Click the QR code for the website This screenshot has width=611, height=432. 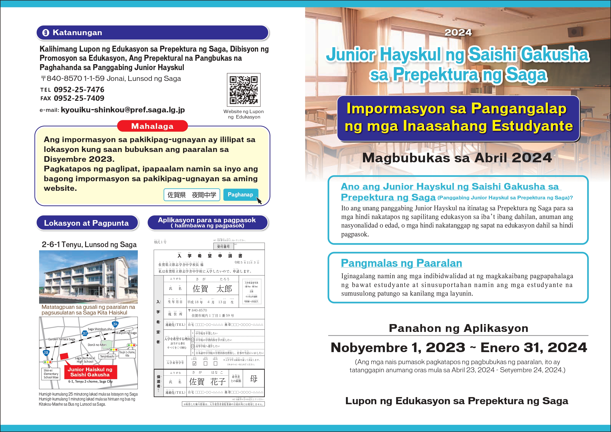(243, 90)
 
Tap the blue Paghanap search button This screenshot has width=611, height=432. (240, 194)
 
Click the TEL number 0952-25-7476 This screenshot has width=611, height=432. (79, 90)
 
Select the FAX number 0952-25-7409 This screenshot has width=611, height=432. (79, 98)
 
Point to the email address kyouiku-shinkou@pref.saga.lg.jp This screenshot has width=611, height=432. (123, 110)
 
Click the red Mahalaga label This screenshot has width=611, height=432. (152, 126)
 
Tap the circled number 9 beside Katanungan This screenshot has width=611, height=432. (46, 33)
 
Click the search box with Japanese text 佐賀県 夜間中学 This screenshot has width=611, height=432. (192, 195)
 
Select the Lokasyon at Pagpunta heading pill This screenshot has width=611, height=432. (87, 223)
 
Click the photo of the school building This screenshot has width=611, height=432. (88, 277)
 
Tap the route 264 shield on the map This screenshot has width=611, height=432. (115, 324)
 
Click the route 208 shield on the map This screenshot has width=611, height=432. (46, 353)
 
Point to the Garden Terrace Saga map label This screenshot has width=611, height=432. (62, 339)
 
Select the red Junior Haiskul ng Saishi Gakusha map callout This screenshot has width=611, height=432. (90, 372)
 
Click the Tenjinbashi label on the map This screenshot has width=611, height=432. (107, 357)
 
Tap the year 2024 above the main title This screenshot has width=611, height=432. (458, 32)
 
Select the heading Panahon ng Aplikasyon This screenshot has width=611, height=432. (458, 328)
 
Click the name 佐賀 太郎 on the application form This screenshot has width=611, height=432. (212, 289)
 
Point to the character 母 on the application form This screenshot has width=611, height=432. (253, 379)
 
